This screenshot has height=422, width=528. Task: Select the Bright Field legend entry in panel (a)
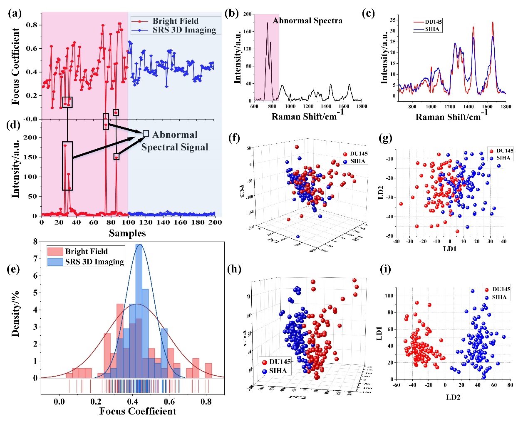[175, 21]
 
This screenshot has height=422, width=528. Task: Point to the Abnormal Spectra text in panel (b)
[307, 21]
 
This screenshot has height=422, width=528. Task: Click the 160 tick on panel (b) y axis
[248, 32]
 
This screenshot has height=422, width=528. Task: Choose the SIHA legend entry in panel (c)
[432, 29]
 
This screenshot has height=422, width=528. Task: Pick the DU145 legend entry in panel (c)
[433, 22]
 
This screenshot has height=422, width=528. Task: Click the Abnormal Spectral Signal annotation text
[175, 141]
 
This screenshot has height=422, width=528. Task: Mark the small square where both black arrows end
[146, 134]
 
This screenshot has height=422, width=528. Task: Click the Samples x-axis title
[127, 233]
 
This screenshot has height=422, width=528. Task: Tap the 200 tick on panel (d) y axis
[32, 137]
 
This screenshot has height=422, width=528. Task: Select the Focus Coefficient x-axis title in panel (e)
[138, 412]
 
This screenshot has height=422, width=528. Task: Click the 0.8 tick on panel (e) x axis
[206, 402]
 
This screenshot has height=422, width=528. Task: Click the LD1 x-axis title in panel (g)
[450, 249]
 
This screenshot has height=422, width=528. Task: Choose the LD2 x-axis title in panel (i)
[453, 397]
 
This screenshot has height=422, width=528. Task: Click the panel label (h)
[234, 269]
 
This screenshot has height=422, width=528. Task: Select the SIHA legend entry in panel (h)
[278, 371]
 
